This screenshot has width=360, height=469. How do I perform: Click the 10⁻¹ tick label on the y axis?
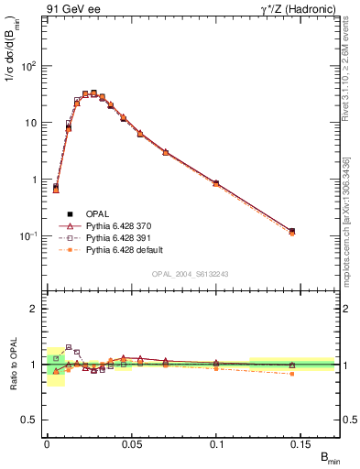click(x=27, y=236)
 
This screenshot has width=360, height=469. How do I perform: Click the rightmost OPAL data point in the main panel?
click(x=292, y=231)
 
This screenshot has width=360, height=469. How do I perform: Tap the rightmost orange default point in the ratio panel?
click(x=292, y=374)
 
